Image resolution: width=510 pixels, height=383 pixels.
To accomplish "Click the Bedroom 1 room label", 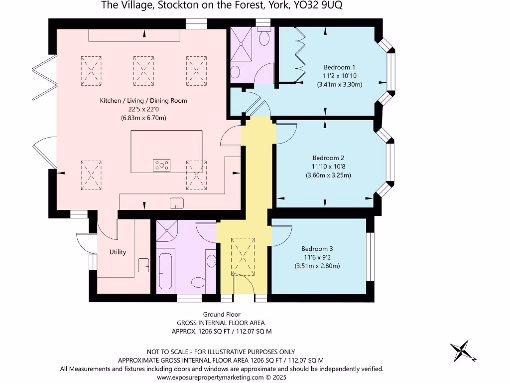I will pyautogui.click(x=339, y=67).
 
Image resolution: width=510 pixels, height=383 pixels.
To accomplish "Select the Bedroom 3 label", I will pyautogui.click(x=317, y=248).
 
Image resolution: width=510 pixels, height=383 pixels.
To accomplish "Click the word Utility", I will pyautogui.click(x=118, y=252).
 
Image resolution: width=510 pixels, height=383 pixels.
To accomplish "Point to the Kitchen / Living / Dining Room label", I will pyautogui.click(x=143, y=101).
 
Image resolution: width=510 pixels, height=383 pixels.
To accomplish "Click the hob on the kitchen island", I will pyautogui.click(x=162, y=164).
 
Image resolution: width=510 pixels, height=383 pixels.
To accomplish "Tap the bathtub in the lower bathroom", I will pyautogui.click(x=165, y=271).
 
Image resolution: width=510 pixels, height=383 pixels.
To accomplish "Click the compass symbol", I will pyautogui.click(x=462, y=351).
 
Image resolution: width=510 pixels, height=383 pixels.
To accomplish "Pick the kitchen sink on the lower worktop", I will pyautogui.click(x=176, y=203).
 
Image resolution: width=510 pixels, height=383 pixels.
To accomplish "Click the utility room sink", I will pyautogui.click(x=143, y=265).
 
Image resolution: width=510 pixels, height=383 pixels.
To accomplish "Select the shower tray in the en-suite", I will pyautogui.click(x=242, y=43).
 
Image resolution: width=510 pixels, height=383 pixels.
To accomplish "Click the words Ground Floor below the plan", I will pyautogui.click(x=222, y=314).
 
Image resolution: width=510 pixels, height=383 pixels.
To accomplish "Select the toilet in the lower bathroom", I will pyautogui.click(x=200, y=283).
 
